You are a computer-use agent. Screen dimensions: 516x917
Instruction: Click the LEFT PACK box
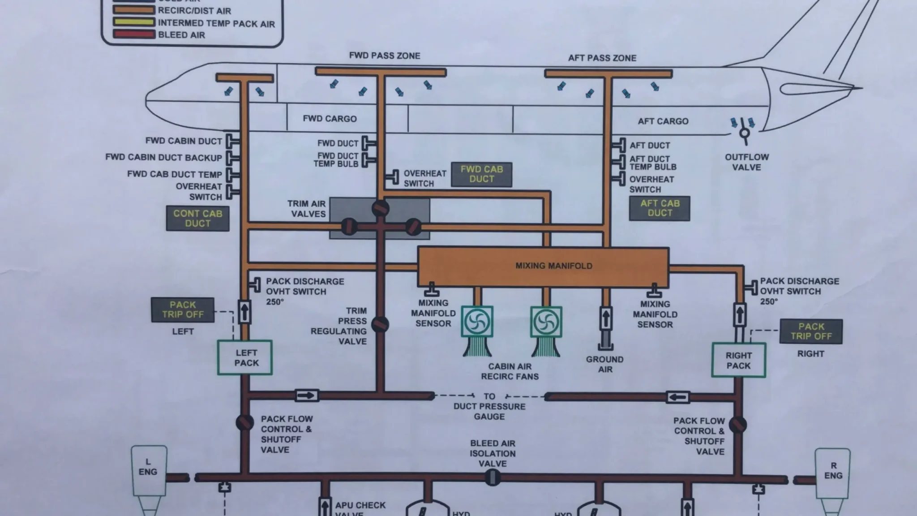tap(245, 357)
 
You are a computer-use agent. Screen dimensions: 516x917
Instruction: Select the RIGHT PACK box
tap(738, 360)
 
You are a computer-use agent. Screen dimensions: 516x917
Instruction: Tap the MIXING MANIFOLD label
tap(553, 266)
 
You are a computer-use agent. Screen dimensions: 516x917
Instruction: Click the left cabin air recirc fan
tap(477, 321)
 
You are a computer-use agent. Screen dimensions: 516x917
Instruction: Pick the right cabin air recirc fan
tap(546, 321)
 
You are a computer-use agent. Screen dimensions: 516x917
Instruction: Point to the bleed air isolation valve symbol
tap(493, 477)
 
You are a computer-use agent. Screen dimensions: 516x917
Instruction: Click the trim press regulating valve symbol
tap(380, 324)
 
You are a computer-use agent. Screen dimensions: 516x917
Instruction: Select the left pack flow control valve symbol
tap(244, 422)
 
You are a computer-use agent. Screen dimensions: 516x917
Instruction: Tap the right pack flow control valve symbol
tap(737, 424)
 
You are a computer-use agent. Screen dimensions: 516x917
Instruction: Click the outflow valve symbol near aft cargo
tap(744, 133)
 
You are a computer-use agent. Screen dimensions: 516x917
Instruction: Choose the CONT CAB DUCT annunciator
tap(197, 219)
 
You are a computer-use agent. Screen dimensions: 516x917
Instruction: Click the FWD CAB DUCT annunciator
tap(481, 174)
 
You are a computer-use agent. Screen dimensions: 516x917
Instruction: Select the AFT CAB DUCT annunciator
tap(660, 208)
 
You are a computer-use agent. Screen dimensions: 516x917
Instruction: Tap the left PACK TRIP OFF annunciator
tap(183, 310)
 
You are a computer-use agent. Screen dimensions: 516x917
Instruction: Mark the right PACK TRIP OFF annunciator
tap(811, 331)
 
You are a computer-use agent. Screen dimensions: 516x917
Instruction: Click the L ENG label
tap(148, 467)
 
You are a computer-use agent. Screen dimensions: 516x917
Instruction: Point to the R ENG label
tap(833, 470)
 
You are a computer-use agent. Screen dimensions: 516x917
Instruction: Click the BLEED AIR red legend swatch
tap(134, 34)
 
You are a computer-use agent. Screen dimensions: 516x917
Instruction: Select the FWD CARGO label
tap(330, 119)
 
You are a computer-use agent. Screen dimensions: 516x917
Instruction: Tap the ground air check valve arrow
tap(605, 318)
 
